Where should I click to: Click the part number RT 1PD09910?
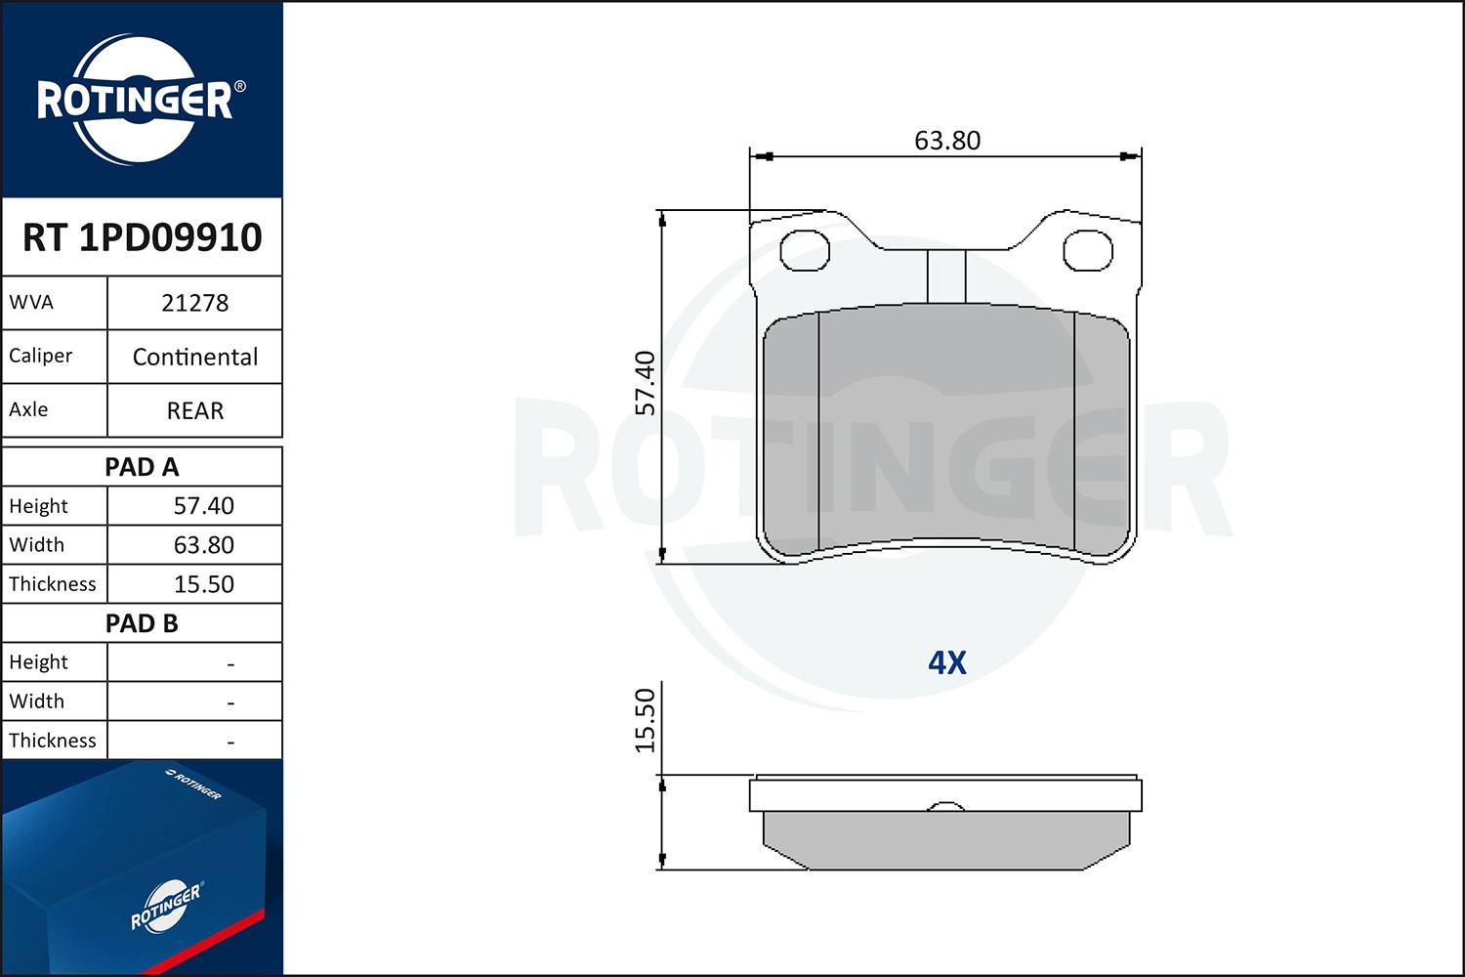[x=143, y=237]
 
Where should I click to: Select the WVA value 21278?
[x=194, y=303]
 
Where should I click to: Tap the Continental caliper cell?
[x=194, y=357]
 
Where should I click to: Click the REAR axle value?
[x=194, y=410]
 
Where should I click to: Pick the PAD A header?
[x=142, y=467]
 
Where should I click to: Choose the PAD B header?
[x=142, y=623]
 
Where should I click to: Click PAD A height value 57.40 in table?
[x=203, y=506]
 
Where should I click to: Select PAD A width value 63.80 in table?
[x=203, y=545]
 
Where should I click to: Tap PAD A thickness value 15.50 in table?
[x=203, y=584]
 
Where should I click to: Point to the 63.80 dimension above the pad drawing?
[x=946, y=141]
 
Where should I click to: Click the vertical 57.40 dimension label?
[x=646, y=383]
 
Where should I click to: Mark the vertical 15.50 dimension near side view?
[x=646, y=721]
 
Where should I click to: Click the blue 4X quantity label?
[x=946, y=663]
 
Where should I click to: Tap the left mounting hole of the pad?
[x=805, y=251]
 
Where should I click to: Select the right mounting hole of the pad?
[x=1087, y=251]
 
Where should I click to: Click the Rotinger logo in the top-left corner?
[x=137, y=100]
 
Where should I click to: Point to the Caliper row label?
[x=41, y=356]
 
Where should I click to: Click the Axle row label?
[x=29, y=409]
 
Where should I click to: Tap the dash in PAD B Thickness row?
[x=230, y=743]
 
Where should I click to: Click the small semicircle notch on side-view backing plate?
[x=944, y=807]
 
